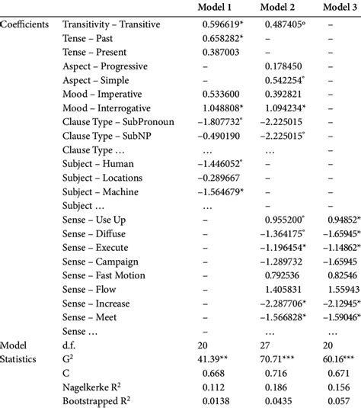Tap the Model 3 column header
[x=339, y=8]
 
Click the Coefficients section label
[x=25, y=24]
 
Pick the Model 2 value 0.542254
[x=287, y=84]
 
